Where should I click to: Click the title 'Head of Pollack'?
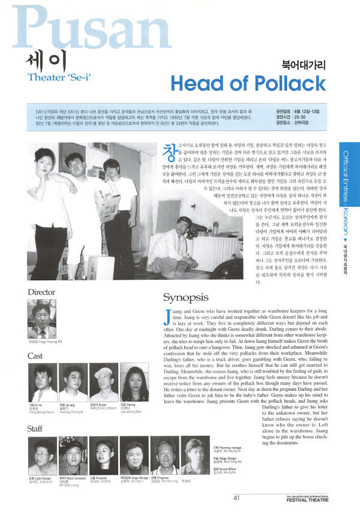(x=248, y=83)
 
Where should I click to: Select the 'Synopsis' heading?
(x=186, y=297)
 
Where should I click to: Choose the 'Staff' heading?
(x=35, y=429)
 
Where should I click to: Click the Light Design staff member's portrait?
(x=42, y=458)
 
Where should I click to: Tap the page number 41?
(x=236, y=497)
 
